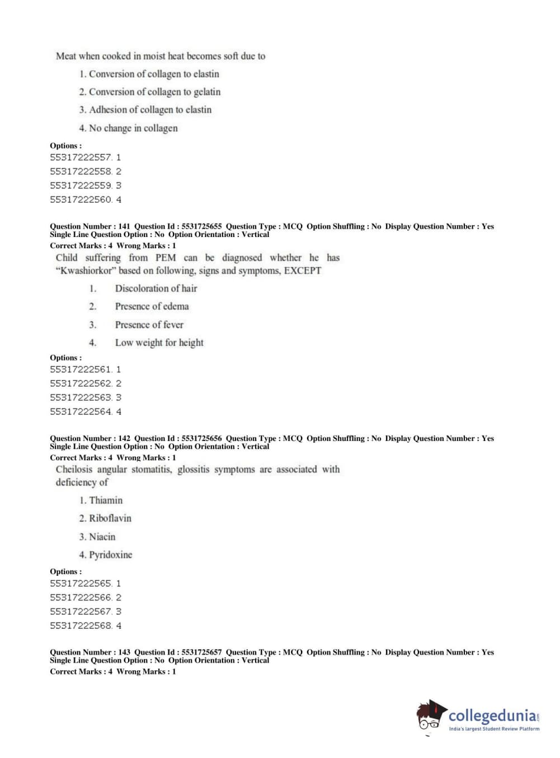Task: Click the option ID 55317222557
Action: point(81,158)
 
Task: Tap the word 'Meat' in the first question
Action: point(66,56)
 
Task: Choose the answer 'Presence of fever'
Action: point(149,325)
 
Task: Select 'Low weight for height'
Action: point(159,343)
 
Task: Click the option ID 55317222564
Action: point(81,412)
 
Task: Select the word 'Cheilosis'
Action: point(74,470)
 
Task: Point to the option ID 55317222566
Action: point(81,598)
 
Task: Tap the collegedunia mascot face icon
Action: point(430,716)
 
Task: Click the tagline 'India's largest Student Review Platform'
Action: point(494,729)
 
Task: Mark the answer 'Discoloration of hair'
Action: point(156,288)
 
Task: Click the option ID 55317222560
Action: point(81,200)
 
